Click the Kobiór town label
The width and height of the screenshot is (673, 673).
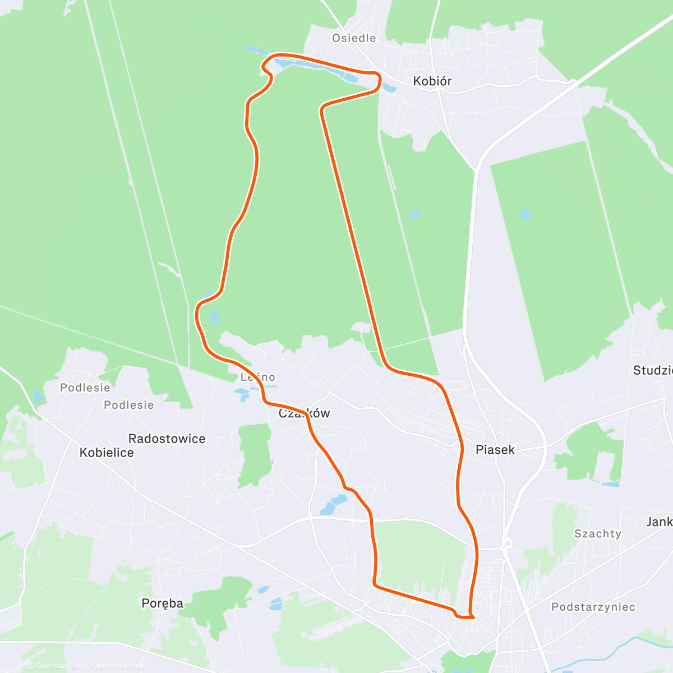432,81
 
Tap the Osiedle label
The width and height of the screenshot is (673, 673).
354,38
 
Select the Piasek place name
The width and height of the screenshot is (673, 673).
495,450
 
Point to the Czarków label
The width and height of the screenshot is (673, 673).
305,414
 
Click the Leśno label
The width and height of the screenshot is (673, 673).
258,377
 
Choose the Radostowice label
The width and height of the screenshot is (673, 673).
167,439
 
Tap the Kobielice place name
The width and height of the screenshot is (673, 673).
107,453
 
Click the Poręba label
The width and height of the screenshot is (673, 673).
163,603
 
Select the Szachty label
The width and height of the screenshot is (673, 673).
598,534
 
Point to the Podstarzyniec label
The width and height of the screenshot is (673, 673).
593,607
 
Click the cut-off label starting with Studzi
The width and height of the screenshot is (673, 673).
652,370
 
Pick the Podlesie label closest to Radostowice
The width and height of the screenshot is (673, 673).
128,405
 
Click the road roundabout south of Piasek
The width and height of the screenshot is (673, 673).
508,543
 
